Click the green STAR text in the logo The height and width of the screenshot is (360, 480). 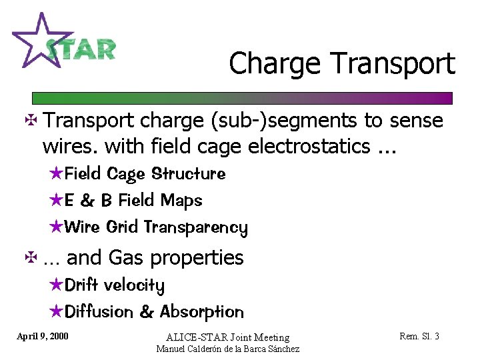[81, 50]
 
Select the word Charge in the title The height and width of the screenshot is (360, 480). [275, 64]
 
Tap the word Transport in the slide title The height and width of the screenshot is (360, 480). [393, 64]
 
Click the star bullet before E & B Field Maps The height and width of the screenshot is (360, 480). [57, 200]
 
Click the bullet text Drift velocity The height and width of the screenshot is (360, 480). [115, 285]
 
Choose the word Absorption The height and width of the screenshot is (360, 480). [202, 312]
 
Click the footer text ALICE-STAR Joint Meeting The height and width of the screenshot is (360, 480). [227, 337]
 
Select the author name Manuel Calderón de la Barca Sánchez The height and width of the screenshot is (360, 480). [227, 349]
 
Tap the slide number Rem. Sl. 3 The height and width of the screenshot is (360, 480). [419, 336]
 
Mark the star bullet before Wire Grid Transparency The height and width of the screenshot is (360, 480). [57, 227]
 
